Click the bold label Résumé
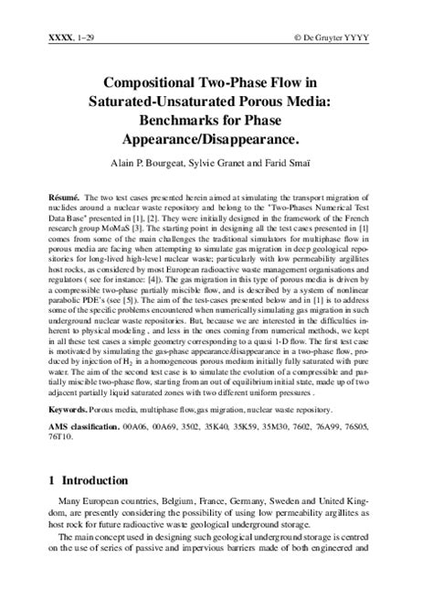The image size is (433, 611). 64,197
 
